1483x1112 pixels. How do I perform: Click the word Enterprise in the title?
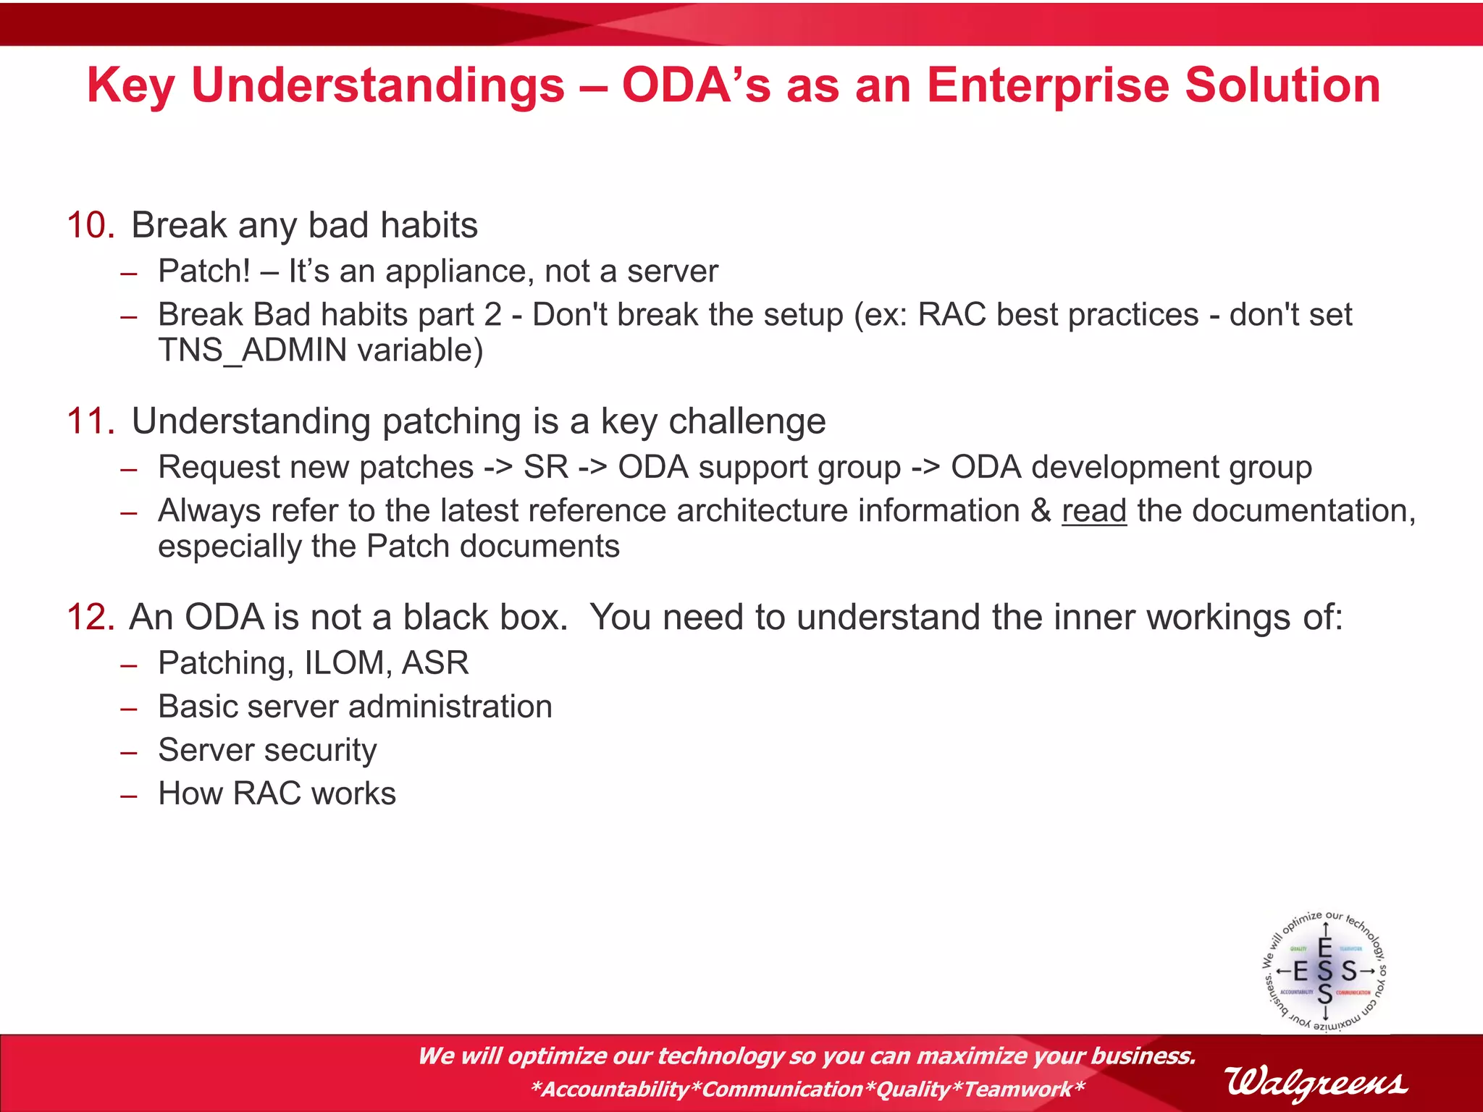[1048, 85]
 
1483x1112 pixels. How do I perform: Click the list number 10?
[91, 225]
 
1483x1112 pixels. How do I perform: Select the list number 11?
[91, 421]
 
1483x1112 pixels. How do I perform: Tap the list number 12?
[91, 618]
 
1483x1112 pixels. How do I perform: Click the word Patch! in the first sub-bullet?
[204, 271]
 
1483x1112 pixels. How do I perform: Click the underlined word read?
[1093, 511]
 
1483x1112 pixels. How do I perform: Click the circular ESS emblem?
[1324, 971]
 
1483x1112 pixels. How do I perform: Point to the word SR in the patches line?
[546, 468]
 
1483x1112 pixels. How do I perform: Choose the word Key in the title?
[130, 85]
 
